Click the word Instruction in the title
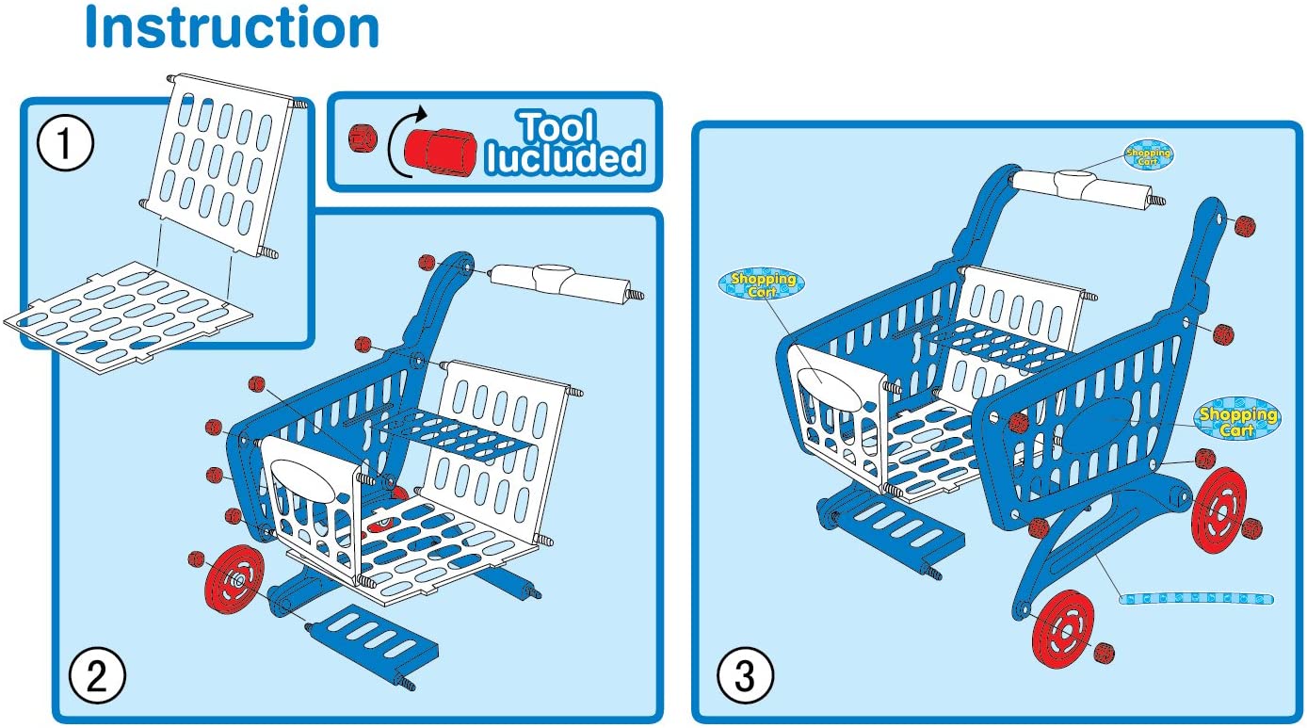(232, 27)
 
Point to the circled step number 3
(745, 674)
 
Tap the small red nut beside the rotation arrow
(362, 139)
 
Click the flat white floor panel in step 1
(129, 311)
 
